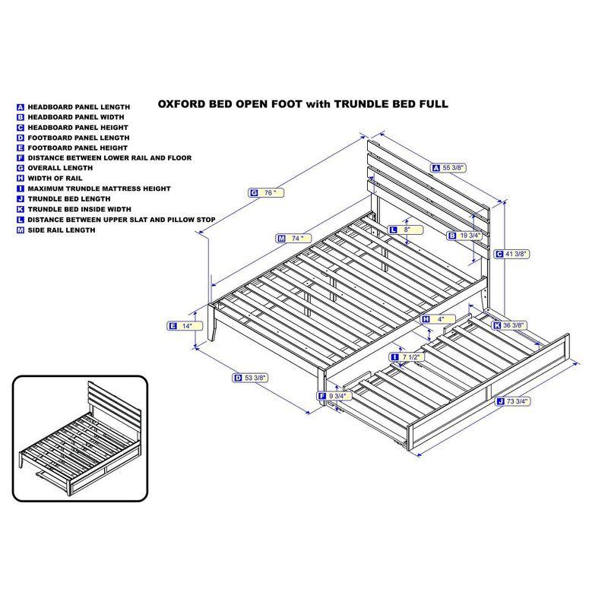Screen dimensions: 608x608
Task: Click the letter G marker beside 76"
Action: (x=253, y=193)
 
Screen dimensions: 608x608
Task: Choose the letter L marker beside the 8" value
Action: (x=393, y=229)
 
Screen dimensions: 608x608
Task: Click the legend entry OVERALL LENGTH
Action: (x=60, y=168)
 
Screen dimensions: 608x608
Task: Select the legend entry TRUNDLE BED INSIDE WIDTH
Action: (x=79, y=209)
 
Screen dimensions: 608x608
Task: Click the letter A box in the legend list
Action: (x=21, y=107)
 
